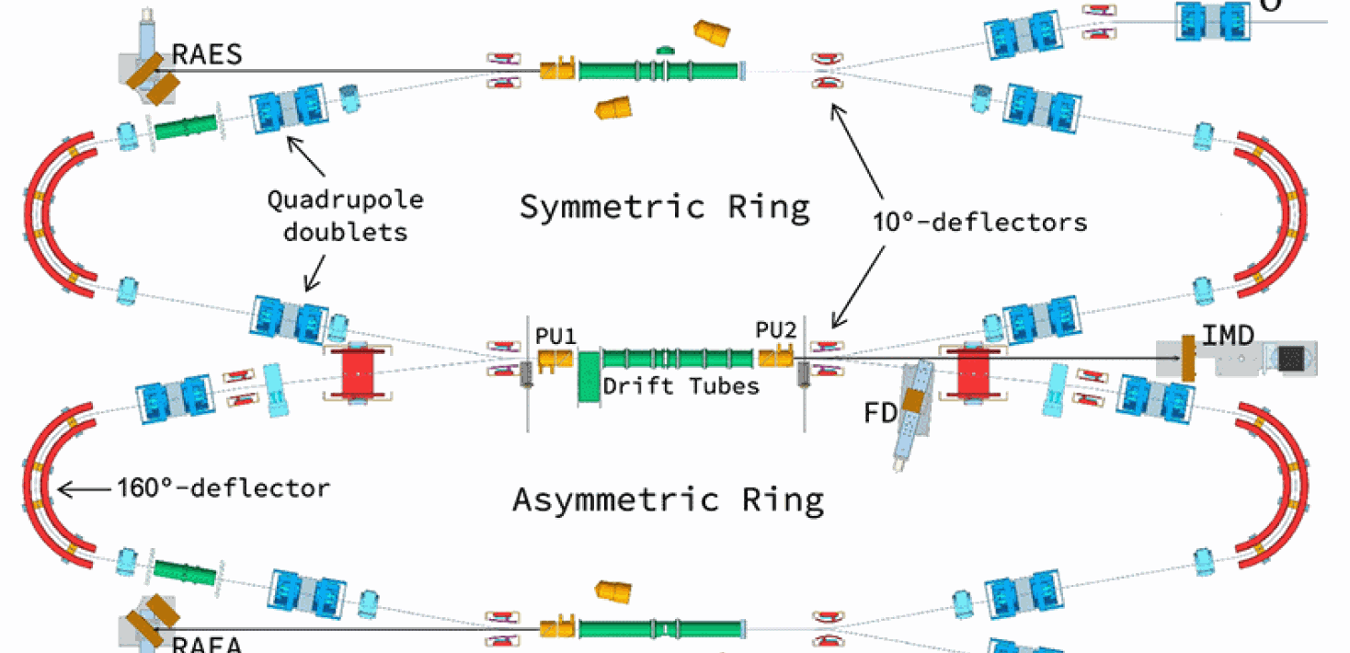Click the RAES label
[207, 54]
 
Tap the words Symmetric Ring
[665, 206]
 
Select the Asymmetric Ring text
[668, 499]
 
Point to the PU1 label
[556, 336]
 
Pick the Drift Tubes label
[681, 385]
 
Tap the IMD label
[1230, 337]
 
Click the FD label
[880, 413]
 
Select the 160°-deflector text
[223, 487]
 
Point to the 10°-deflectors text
[979, 221]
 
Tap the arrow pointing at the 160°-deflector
[83, 488]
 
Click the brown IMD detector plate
[1188, 358]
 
